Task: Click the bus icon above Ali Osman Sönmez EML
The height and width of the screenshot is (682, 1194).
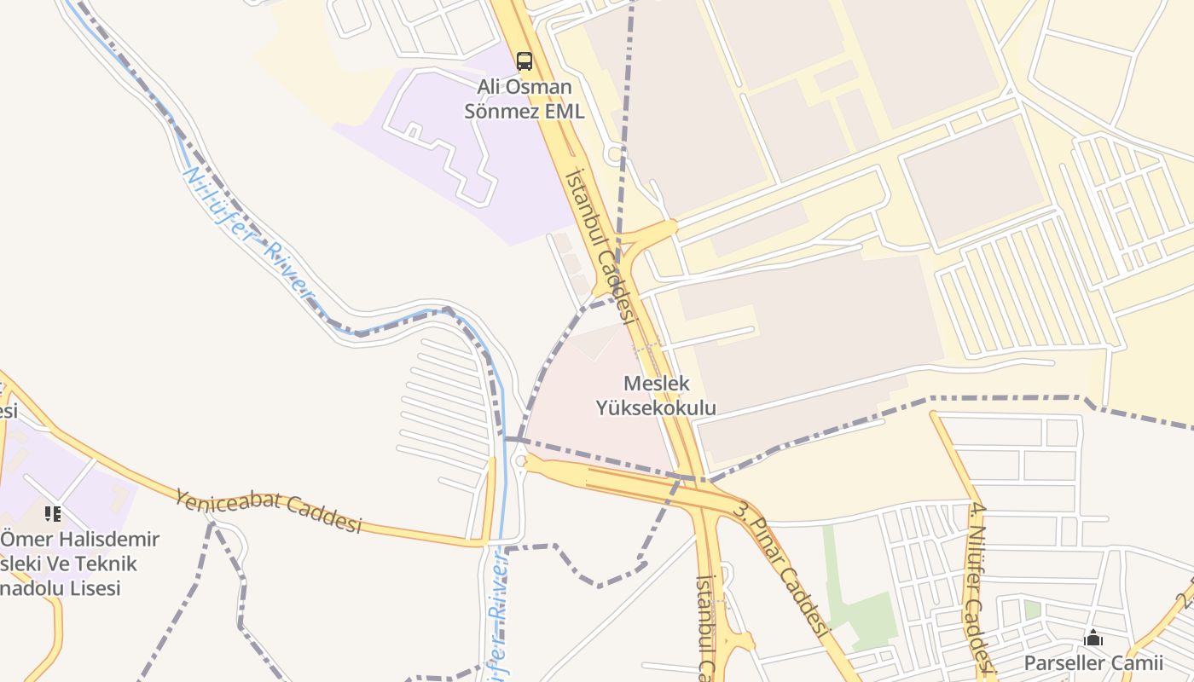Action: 524,61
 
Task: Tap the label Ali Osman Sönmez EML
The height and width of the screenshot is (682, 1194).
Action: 524,99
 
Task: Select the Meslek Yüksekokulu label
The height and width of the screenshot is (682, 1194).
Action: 656,396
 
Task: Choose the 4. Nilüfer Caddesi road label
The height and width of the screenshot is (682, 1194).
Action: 979,589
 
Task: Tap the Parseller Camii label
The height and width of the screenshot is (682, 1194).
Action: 1093,663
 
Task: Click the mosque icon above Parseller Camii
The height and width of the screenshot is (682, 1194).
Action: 1093,638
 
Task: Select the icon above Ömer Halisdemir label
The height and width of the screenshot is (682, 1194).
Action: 53,513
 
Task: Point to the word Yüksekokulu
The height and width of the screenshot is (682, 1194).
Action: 656,409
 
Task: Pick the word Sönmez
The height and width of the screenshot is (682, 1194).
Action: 498,112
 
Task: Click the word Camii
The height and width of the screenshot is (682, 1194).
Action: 1139,663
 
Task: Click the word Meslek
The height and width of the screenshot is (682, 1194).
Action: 656,384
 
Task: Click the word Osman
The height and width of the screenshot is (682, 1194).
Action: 547,87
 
